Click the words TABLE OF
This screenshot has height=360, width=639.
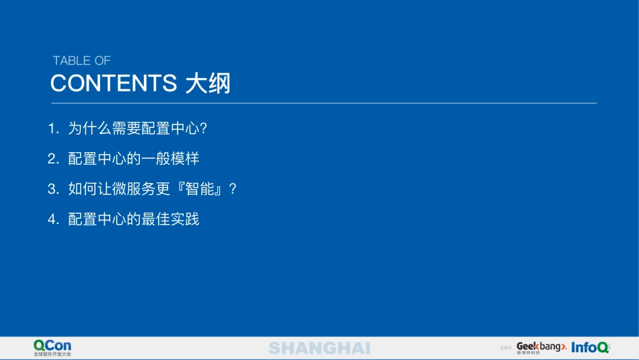[x=81, y=61]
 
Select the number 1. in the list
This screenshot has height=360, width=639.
[x=54, y=129]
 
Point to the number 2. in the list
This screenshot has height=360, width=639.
[x=54, y=159]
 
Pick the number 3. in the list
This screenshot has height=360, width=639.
[x=54, y=189]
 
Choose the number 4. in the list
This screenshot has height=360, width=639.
[x=54, y=219]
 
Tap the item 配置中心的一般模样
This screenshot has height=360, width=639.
[x=133, y=159]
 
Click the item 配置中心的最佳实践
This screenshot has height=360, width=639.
[x=133, y=219]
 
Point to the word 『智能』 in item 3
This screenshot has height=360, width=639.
[x=201, y=189]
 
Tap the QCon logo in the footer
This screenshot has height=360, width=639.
[x=52, y=345]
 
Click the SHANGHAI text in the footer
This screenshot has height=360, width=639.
[x=319, y=348]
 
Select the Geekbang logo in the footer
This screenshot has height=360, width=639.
[x=541, y=347]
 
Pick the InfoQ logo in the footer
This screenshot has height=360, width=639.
[x=590, y=347]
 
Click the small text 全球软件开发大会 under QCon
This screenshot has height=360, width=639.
[x=52, y=354]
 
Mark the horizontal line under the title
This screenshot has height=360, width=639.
[x=324, y=103]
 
